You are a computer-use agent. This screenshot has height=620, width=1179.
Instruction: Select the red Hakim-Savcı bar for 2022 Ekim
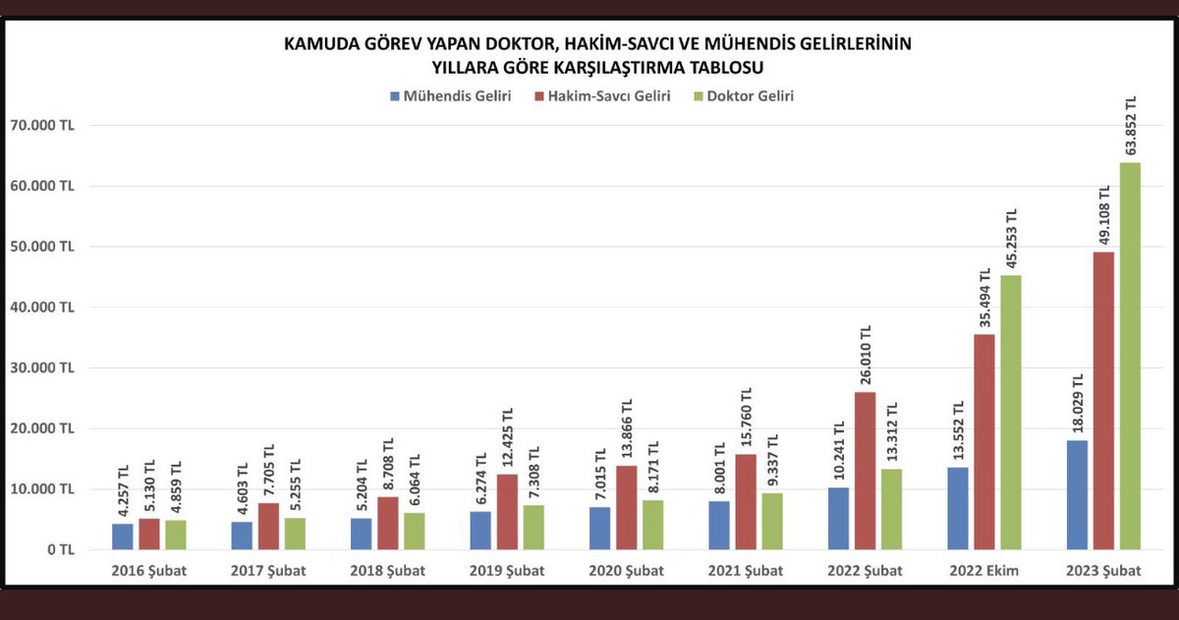tap(984, 442)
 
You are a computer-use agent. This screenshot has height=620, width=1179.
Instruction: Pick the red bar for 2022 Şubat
tap(866, 471)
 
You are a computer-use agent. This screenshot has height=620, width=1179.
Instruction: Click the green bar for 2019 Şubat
tap(532, 528)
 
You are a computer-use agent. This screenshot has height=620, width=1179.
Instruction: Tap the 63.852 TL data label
tap(1131, 126)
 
